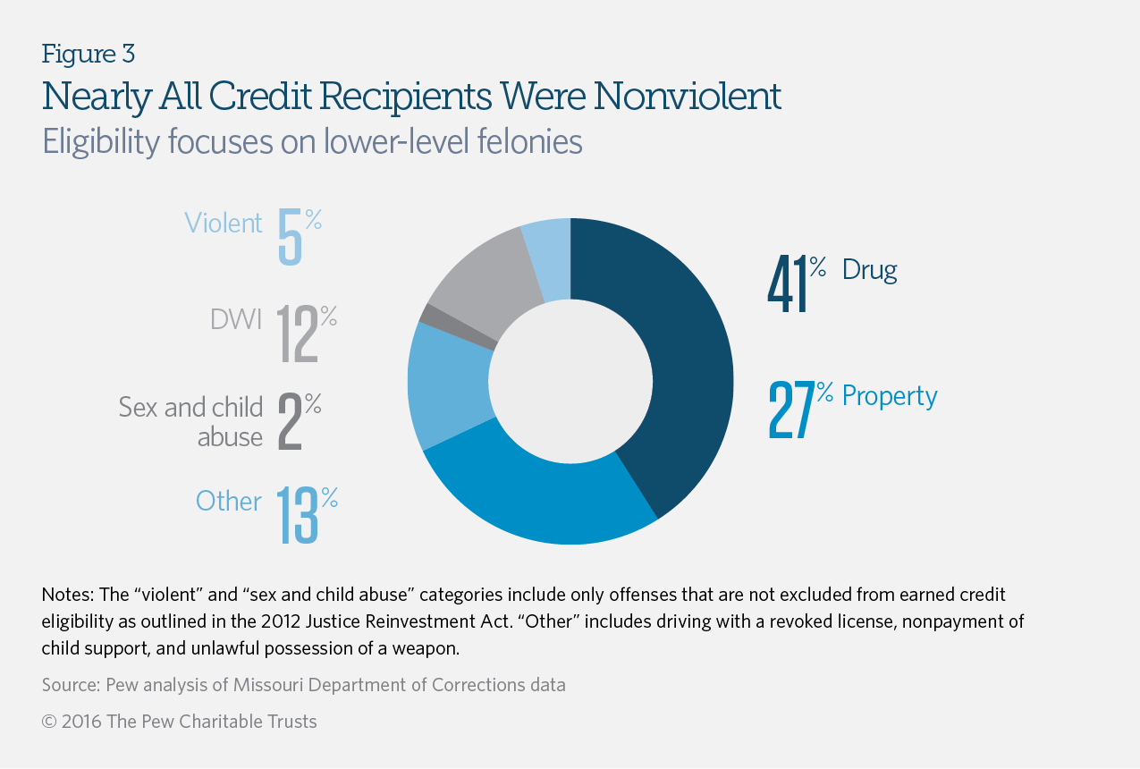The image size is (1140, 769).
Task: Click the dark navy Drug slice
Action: (680, 358)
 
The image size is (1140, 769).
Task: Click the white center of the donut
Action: (570, 382)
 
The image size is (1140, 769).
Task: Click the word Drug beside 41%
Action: (869, 270)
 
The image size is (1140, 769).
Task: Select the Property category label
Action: (890, 396)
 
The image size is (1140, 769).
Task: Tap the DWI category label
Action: (236, 319)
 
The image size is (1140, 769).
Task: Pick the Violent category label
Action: (224, 223)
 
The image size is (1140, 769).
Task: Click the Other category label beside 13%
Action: (229, 502)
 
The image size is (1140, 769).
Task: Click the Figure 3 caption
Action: (88, 54)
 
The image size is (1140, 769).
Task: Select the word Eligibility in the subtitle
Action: (95, 142)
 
